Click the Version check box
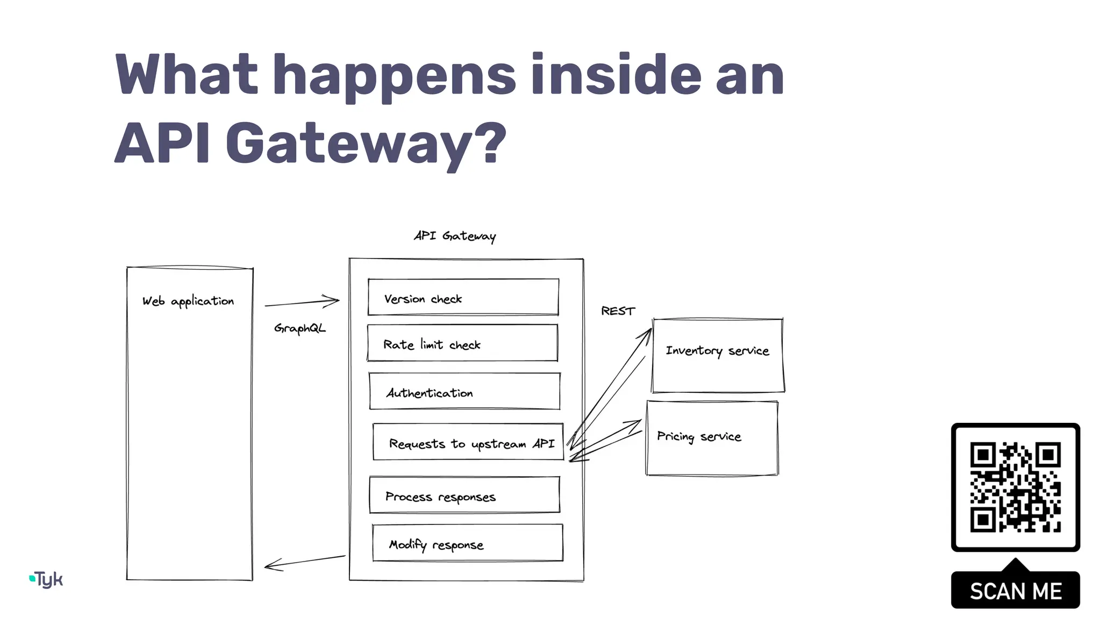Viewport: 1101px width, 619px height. (463, 297)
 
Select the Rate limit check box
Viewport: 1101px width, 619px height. (462, 343)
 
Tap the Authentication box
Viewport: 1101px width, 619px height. (464, 391)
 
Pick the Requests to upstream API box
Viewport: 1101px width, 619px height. (468, 442)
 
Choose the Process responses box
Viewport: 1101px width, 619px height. (464, 495)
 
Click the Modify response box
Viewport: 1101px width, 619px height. (467, 543)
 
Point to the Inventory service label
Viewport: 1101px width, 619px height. (717, 351)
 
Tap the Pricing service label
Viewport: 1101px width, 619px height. (699, 436)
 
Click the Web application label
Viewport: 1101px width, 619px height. (188, 301)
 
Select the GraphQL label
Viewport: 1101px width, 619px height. (299, 328)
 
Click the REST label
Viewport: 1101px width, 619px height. (618, 311)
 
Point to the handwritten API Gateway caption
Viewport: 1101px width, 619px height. (455, 236)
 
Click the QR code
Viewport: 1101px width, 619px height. (1015, 487)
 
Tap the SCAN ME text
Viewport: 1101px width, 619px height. (1015, 591)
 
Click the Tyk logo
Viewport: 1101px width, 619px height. (47, 579)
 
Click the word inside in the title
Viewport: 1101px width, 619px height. (616, 75)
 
